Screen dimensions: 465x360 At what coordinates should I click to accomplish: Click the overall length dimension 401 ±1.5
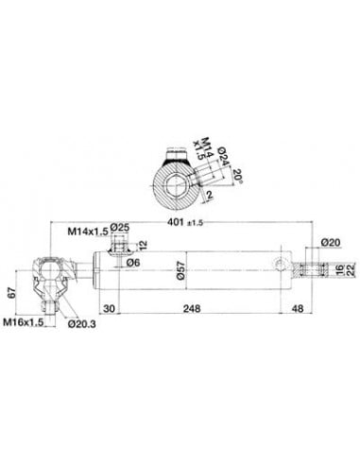[187, 223]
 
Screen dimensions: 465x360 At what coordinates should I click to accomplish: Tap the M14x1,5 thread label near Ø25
[86, 230]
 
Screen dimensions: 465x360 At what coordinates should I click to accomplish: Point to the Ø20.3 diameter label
[84, 323]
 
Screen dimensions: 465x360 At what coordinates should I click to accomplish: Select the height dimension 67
[11, 290]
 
